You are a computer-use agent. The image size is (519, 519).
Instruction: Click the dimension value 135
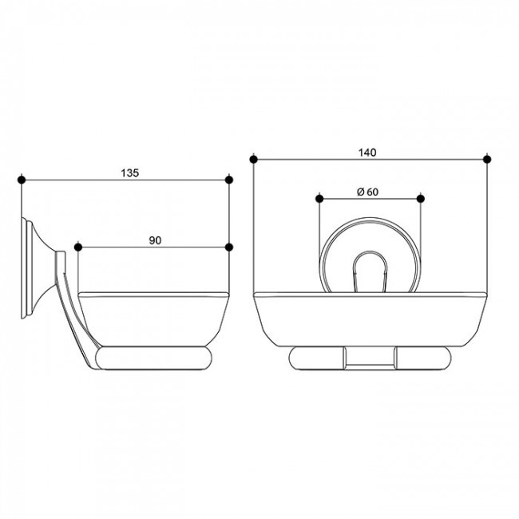pos(129,172)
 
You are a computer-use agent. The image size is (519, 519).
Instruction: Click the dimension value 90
pos(155,240)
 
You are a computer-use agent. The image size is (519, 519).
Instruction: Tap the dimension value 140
pos(367,153)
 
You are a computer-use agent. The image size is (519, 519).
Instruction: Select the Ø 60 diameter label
pos(367,192)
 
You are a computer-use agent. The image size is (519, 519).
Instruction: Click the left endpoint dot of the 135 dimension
pos(22,180)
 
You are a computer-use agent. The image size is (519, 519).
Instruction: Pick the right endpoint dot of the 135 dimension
pos(229,180)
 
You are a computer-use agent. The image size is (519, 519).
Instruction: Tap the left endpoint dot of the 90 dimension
pos(78,248)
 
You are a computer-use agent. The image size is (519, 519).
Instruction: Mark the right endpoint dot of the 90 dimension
pos(229,248)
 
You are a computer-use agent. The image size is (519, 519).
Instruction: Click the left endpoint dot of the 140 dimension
pos(254,160)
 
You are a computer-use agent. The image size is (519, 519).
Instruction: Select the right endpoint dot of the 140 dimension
pos(487,160)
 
